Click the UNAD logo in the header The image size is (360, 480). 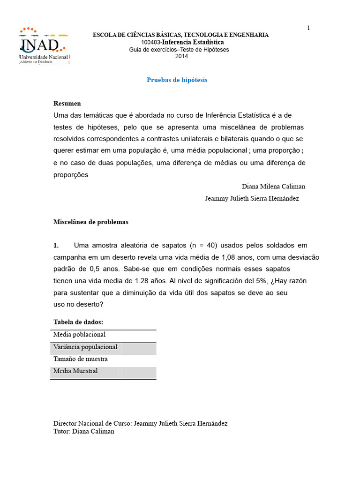click(44, 46)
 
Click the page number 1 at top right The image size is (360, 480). click(308, 28)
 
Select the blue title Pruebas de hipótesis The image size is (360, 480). click(177, 80)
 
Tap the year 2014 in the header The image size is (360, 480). click(181, 56)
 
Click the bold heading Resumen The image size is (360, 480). click(67, 104)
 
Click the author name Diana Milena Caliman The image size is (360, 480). click(273, 187)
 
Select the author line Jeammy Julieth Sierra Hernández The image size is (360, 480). click(252, 199)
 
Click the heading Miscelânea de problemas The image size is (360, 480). click(91, 222)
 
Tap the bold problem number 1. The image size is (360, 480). click(56, 246)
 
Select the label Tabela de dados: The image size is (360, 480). click(78, 322)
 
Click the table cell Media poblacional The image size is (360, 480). click(80, 335)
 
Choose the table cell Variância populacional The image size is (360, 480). click(85, 347)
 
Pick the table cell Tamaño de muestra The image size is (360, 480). click(81, 359)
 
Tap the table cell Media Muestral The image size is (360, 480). click(75, 371)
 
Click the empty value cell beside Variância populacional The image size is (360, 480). click(138, 348)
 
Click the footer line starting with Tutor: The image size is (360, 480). click(84, 432)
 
